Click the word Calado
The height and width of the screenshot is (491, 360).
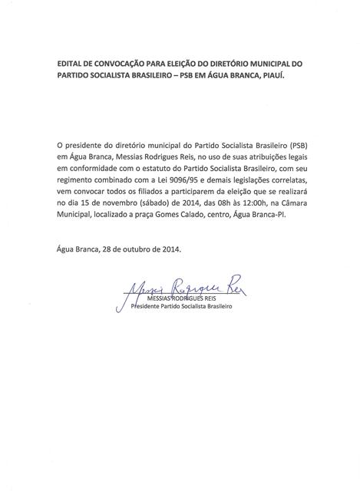point(210,212)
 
